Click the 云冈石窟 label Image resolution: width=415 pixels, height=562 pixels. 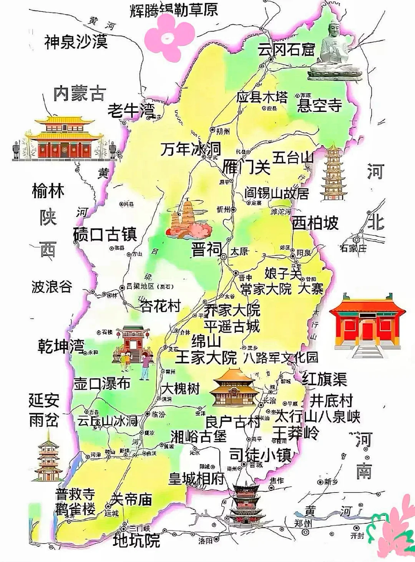286,49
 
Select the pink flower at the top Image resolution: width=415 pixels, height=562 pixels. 169,36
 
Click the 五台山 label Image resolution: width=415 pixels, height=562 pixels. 293,157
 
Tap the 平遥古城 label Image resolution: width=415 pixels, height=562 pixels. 232,327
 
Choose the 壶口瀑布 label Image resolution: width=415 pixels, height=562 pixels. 102,383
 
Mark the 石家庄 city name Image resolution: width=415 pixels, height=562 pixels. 353,248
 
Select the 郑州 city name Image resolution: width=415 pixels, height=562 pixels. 303,523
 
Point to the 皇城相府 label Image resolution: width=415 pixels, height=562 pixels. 197,479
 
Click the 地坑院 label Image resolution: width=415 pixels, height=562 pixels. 136,540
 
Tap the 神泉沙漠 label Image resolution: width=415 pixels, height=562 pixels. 76,41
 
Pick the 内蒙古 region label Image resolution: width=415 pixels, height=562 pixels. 80,93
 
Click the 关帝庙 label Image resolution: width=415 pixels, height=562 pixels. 131,499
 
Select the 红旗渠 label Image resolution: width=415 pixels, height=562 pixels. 324,379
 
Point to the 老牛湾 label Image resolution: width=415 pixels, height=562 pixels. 131,111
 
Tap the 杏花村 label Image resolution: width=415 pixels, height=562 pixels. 161,306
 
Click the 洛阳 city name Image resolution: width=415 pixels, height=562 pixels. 205,541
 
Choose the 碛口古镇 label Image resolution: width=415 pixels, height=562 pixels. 105,234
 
